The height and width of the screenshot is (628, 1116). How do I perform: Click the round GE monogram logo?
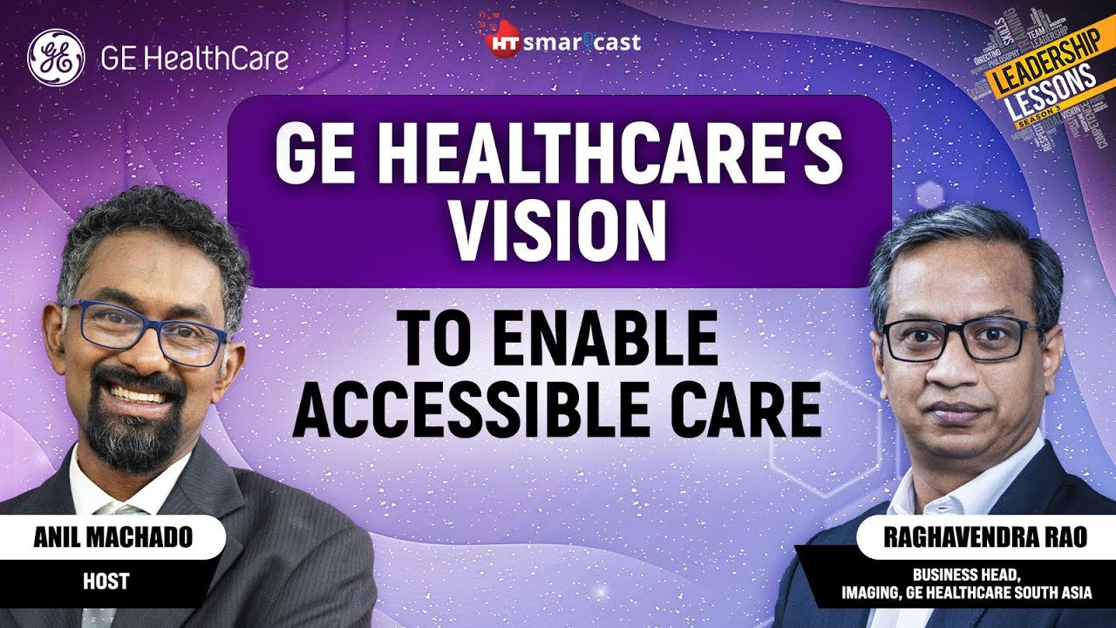tap(57, 58)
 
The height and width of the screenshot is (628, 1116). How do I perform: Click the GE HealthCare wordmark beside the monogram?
tap(194, 58)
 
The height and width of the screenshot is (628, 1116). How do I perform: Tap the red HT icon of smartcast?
tap(498, 44)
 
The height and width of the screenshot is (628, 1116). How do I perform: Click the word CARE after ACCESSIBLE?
tap(752, 409)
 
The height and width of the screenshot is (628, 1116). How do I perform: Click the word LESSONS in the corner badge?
tap(1051, 97)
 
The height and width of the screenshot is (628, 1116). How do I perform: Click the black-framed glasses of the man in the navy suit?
tap(960, 339)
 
